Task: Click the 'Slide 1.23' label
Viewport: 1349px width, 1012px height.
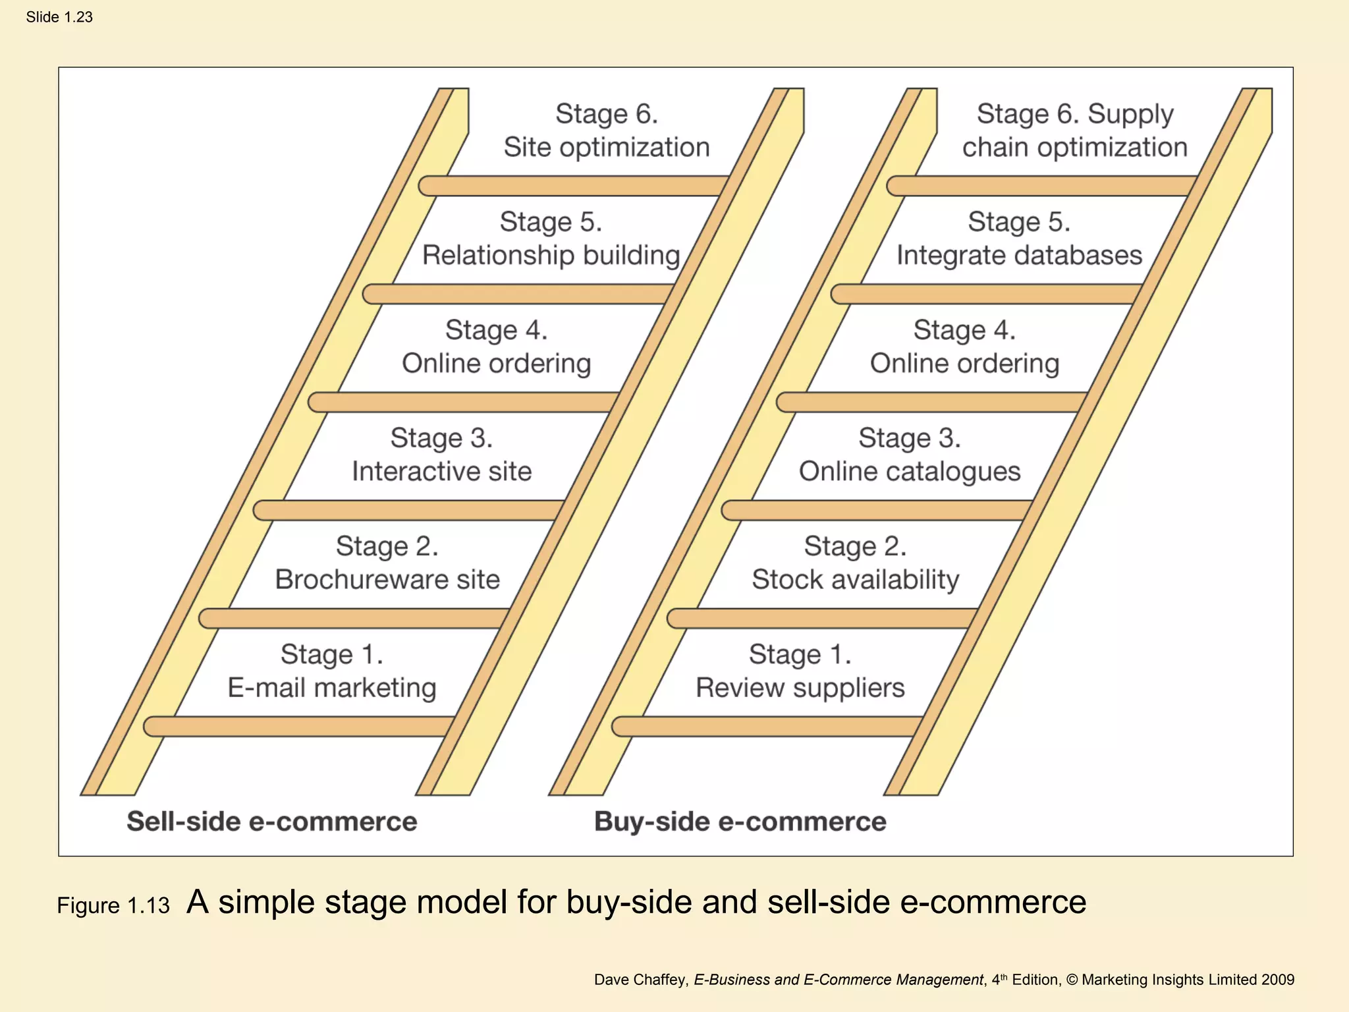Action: (59, 17)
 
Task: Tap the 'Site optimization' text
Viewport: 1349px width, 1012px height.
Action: (607, 147)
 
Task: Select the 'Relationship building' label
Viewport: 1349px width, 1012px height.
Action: (551, 255)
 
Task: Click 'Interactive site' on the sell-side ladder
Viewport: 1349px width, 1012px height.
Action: (441, 471)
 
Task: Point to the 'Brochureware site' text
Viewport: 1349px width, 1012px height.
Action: (387, 579)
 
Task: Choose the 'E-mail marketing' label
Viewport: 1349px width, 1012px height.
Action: (332, 687)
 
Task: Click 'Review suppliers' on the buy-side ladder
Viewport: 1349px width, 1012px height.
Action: (800, 687)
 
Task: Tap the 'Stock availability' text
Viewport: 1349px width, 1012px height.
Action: (855, 579)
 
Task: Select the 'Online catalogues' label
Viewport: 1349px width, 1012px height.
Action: (909, 471)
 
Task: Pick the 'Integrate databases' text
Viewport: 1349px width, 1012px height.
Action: (1019, 255)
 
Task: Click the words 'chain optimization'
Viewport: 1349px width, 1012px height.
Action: (1074, 147)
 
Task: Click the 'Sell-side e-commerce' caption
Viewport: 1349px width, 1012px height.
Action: (271, 822)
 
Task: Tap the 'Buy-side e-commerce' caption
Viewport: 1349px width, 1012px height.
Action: (740, 822)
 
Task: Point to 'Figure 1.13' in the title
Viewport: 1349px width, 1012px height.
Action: (113, 905)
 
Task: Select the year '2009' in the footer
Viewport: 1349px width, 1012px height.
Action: (1278, 980)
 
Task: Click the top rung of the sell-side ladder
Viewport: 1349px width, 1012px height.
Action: (573, 186)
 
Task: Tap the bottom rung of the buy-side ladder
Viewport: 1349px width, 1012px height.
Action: (767, 726)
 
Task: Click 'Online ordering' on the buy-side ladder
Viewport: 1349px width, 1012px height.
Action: (964, 363)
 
